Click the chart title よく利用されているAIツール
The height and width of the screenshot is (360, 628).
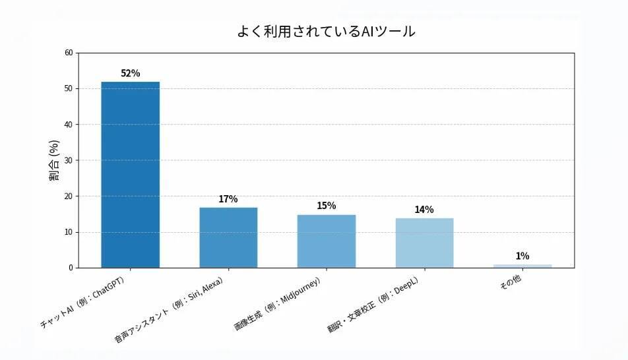[326, 32]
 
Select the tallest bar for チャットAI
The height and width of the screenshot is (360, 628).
[130, 175]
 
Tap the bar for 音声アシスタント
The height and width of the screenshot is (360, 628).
[228, 237]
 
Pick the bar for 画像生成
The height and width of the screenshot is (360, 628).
[326, 241]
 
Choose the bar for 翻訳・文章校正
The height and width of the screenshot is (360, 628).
[424, 243]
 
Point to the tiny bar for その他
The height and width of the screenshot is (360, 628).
[522, 266]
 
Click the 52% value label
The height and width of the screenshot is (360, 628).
[130, 73]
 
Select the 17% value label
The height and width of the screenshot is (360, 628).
[228, 199]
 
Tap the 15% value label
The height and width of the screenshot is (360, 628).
[326, 206]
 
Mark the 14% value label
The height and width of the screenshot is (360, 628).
[424, 210]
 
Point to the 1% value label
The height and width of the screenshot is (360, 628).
[522, 256]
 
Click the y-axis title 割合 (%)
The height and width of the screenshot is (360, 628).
[54, 160]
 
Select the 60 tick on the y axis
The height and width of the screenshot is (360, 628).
[69, 53]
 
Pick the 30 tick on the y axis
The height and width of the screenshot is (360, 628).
[69, 160]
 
